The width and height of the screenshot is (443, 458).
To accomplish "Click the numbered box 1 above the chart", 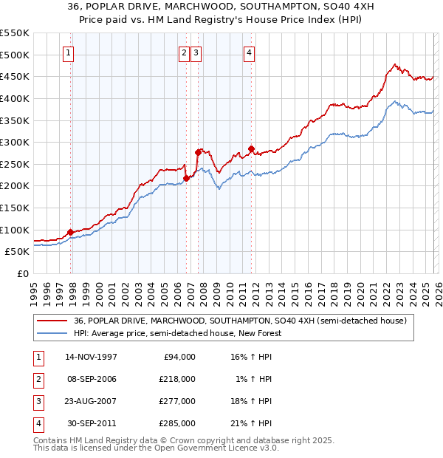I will tap(68, 52).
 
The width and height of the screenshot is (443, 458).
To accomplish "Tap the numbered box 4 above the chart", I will tap(250, 52).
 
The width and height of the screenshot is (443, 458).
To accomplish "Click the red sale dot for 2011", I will tap(252, 149).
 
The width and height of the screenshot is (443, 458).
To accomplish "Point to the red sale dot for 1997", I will tap(71, 232).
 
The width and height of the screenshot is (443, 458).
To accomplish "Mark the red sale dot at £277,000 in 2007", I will tap(198, 153).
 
